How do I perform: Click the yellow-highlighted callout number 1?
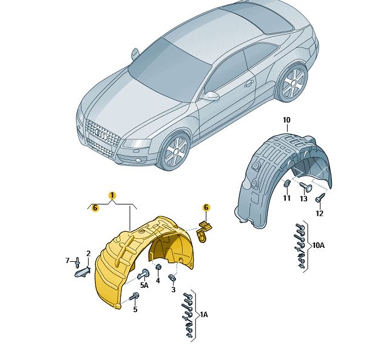point(112,196)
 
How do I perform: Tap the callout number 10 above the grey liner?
point(286,120)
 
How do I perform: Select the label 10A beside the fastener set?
point(319,245)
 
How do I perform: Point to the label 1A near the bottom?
point(204,315)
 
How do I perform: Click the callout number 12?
point(320,213)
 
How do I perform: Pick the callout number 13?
point(303,198)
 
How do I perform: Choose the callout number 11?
point(287,198)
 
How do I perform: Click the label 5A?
point(144,285)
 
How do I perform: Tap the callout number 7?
point(67,261)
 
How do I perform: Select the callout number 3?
point(174,290)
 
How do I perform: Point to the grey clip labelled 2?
point(83,272)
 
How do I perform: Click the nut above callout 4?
point(158,267)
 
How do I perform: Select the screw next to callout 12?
point(320,198)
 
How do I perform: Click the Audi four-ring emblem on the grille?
point(101,134)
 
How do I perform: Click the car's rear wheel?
point(292,82)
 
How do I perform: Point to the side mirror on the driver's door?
point(211,96)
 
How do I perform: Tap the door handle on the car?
point(248,84)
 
